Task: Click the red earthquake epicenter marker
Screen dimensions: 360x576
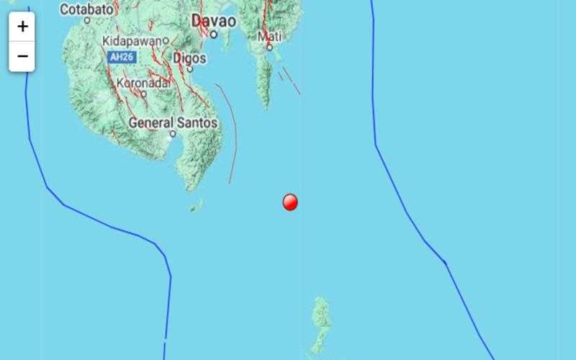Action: click(x=290, y=202)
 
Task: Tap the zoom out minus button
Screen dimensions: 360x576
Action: click(x=22, y=56)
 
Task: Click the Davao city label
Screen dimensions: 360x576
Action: click(x=214, y=22)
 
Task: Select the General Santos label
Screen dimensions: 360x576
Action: click(x=173, y=123)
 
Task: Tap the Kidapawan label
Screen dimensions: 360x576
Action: click(x=132, y=40)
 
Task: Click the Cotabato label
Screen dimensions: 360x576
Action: click(x=86, y=9)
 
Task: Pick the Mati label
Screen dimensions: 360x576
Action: click(x=269, y=35)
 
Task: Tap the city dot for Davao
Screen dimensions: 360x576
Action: click(x=214, y=34)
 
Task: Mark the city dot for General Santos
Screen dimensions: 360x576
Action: click(x=173, y=134)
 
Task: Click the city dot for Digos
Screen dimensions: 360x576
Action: click(x=190, y=69)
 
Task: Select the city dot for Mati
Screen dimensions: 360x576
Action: click(x=269, y=47)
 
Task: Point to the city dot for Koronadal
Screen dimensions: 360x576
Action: click(x=143, y=93)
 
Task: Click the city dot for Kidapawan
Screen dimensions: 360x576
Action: click(x=166, y=40)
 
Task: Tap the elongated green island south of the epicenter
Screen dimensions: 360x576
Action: click(x=320, y=324)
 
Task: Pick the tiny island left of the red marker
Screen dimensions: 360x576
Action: click(x=194, y=207)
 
